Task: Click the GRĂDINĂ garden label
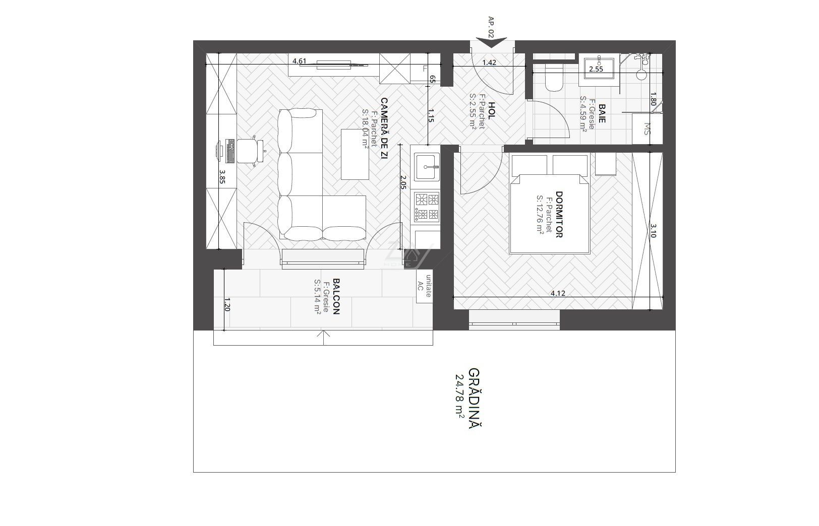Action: (475, 399)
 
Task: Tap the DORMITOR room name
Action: (559, 215)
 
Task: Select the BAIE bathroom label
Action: (602, 113)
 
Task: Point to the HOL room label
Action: (492, 111)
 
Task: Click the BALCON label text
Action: (336, 296)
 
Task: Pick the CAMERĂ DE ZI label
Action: (384, 128)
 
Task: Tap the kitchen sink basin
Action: (427, 167)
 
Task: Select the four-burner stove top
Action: (427, 207)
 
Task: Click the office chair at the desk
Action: (252, 151)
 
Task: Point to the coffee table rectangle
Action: (355, 154)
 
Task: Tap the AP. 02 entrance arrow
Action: (491, 42)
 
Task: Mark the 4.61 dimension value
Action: (300, 61)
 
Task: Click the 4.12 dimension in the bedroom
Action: (558, 293)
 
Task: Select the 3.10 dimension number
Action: (654, 231)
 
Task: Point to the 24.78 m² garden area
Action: (460, 399)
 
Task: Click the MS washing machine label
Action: (647, 128)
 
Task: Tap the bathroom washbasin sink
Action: (599, 68)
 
